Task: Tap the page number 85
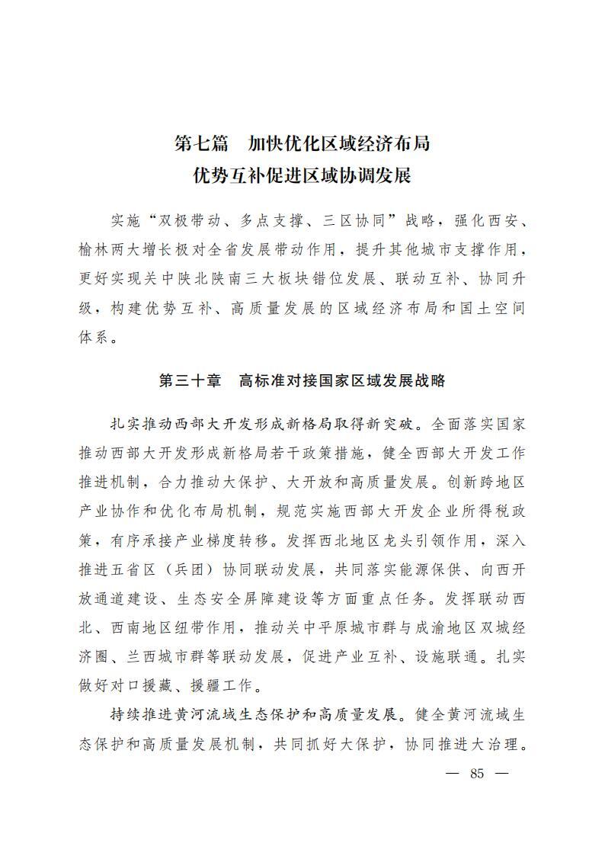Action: [478, 773]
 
